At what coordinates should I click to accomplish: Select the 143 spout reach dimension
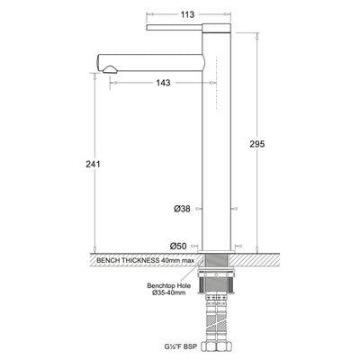[164, 82]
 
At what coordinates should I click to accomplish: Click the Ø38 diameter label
[180, 208]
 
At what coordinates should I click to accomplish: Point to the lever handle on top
[180, 28]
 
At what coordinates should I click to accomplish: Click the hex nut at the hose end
[217, 346]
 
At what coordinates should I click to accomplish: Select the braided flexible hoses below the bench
[217, 310]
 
